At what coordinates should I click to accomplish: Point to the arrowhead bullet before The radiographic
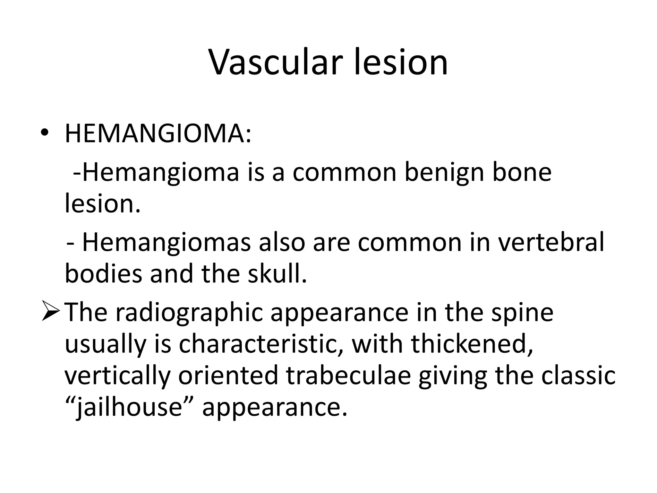click(50, 312)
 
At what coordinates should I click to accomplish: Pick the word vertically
click(117, 376)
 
